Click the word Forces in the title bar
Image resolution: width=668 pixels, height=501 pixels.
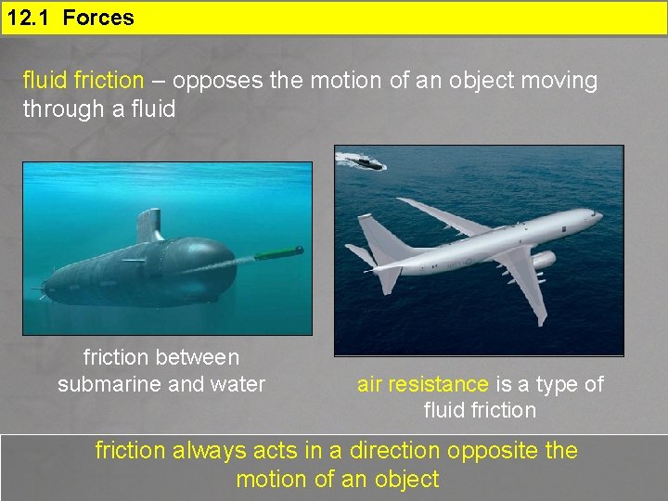(98, 18)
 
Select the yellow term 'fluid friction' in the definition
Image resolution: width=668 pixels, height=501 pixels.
(83, 81)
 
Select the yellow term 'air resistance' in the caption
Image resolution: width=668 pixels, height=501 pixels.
(422, 384)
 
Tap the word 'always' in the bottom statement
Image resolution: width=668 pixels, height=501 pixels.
(198, 451)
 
